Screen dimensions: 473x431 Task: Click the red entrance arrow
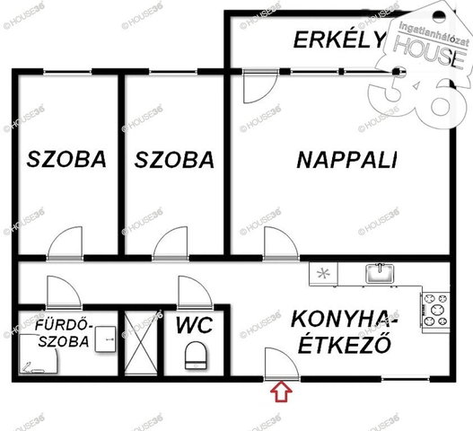point(281,391)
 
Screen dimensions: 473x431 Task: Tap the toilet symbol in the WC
point(196,356)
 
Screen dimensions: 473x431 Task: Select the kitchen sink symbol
point(380,274)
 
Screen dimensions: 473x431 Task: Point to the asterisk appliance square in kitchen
point(323,274)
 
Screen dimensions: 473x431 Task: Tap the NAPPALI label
point(347,160)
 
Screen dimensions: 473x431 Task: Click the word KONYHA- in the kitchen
point(344,320)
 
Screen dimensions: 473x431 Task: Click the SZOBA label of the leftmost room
point(66,159)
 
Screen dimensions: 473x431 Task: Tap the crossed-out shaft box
point(141,342)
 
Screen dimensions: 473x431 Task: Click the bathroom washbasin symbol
point(106,339)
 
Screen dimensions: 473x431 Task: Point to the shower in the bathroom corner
point(39,354)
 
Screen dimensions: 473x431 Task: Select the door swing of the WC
point(195,292)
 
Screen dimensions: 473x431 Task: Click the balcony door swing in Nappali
point(260,87)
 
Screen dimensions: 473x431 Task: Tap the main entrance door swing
point(282,364)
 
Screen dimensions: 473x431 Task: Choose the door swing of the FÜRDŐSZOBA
point(64,292)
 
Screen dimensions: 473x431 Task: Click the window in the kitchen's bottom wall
point(405,379)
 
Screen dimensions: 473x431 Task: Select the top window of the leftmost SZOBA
point(67,72)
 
